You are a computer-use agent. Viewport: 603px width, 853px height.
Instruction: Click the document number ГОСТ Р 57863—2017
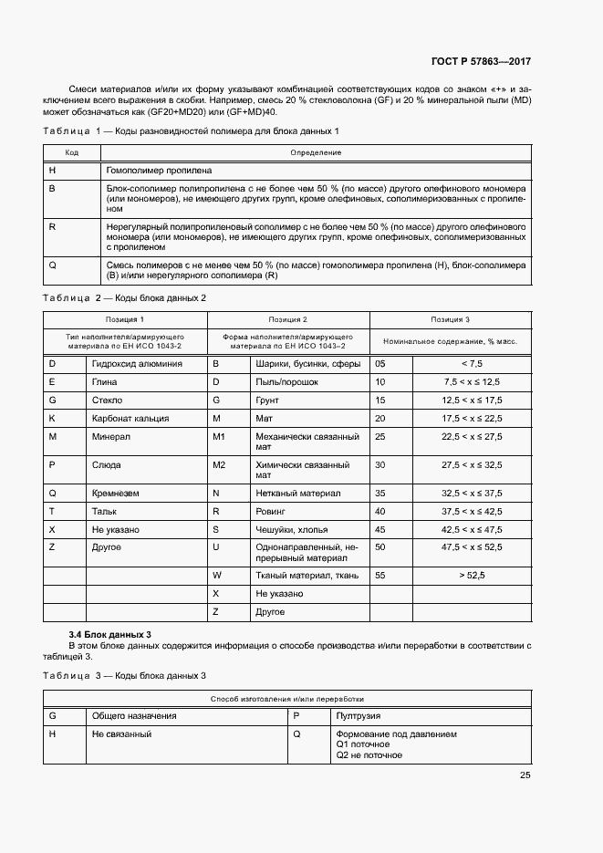click(480, 62)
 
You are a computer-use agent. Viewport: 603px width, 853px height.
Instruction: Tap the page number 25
click(525, 775)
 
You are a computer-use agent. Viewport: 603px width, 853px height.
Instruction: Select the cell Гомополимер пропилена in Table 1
click(160, 170)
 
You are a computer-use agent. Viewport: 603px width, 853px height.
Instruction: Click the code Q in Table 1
click(52, 265)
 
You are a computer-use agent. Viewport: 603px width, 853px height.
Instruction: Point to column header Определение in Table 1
click(315, 152)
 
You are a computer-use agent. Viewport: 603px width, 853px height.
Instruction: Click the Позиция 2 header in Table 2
click(287, 320)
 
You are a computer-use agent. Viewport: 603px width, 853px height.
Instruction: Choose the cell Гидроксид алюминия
click(137, 363)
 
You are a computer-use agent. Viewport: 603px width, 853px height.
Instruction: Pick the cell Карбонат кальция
click(130, 418)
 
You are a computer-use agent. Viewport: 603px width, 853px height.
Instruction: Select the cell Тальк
click(105, 511)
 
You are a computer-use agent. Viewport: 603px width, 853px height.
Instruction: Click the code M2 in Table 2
click(219, 465)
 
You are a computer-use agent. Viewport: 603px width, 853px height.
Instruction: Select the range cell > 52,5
click(472, 576)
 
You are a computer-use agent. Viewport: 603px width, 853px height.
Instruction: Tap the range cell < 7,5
click(472, 363)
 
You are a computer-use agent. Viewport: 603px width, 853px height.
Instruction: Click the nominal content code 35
click(380, 493)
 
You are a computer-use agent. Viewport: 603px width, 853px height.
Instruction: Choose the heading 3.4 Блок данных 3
click(110, 633)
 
